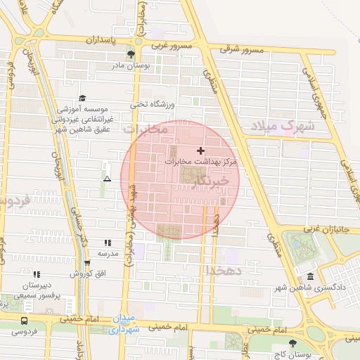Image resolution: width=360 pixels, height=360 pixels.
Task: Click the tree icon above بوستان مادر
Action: tap(131, 54)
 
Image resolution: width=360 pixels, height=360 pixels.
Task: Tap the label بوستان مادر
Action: tap(131, 66)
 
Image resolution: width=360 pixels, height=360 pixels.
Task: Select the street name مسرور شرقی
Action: tap(240, 50)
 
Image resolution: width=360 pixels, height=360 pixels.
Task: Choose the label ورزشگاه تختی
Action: tap(149, 104)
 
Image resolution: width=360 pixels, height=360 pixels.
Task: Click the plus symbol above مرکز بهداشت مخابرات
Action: tap(201, 150)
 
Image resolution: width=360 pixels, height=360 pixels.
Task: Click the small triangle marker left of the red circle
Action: tap(107, 179)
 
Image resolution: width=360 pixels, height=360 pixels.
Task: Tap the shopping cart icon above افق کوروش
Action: tap(86, 263)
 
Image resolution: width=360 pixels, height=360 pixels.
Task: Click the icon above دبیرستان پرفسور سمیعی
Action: tap(37, 274)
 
